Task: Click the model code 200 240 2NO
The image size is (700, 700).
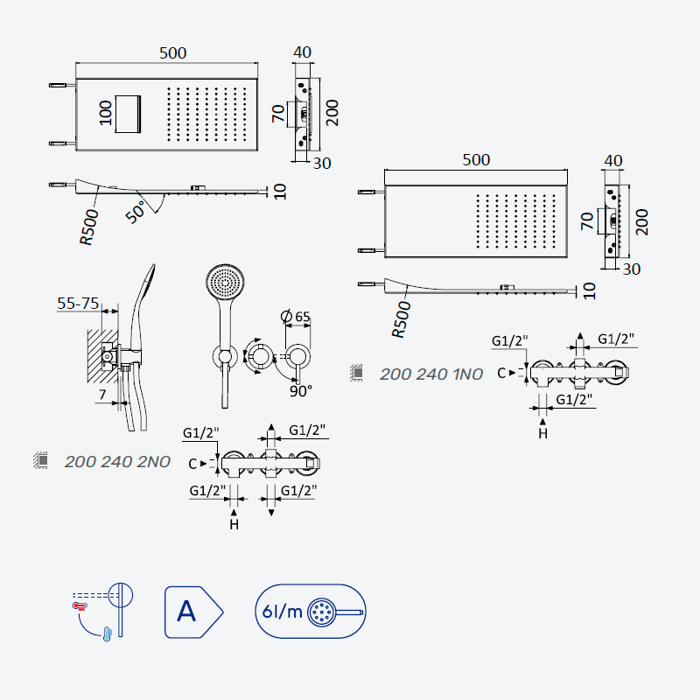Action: click(x=117, y=462)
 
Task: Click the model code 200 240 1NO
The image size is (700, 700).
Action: click(x=431, y=374)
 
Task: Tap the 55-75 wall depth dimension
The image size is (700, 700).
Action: click(x=78, y=303)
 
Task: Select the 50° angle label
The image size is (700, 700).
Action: click(x=136, y=212)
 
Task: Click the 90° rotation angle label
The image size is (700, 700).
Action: click(x=300, y=391)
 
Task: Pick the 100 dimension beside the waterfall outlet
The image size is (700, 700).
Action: click(x=105, y=114)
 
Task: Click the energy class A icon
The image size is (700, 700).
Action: click(x=193, y=612)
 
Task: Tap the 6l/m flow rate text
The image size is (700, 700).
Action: click(x=282, y=611)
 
